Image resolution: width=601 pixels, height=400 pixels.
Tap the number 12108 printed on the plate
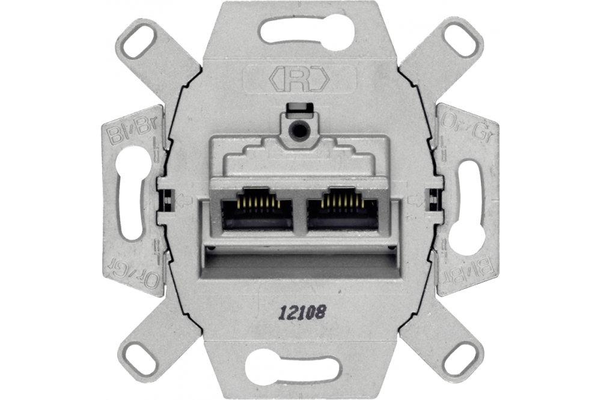coord(302,312)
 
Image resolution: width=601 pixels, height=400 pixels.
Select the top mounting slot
coord(307,29)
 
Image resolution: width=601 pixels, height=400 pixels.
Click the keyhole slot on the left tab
coord(133,192)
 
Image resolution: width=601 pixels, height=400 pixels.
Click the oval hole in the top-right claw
coord(462,38)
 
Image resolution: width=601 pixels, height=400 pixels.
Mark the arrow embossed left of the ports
coord(183,199)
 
